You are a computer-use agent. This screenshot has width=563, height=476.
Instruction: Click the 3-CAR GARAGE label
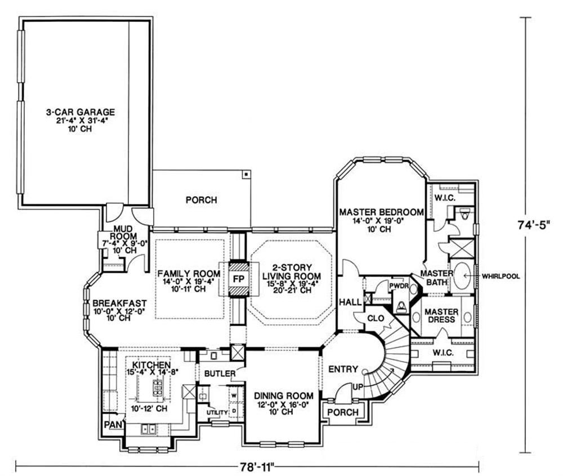(81, 112)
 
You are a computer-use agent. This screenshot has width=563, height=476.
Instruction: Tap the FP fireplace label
(239, 279)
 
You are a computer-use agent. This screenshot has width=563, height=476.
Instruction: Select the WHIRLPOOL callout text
(501, 276)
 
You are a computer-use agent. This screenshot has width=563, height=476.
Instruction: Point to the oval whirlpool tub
(464, 276)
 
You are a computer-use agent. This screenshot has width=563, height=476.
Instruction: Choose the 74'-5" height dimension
(534, 225)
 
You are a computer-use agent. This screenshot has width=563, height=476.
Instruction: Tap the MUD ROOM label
(123, 233)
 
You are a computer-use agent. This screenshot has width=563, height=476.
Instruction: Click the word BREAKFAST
(119, 303)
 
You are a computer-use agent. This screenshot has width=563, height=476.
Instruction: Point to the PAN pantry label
(113, 425)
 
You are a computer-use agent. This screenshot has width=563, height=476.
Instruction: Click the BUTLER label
(220, 373)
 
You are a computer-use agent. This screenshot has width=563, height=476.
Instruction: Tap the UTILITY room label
(217, 412)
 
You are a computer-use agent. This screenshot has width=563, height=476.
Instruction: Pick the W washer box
(234, 395)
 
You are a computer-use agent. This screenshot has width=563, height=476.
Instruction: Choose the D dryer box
(234, 411)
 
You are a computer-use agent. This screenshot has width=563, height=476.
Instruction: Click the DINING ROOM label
(284, 396)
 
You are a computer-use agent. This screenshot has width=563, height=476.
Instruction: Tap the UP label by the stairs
(358, 387)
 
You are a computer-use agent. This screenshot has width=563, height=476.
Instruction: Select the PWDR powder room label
(399, 286)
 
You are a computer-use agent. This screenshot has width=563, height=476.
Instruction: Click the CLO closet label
(376, 318)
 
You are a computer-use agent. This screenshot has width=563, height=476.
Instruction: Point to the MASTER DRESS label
(441, 315)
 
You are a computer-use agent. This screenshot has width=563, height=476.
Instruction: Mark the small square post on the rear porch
(246, 175)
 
